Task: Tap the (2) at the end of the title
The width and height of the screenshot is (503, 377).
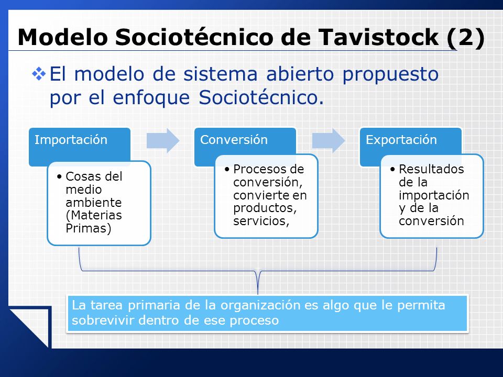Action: [465, 38]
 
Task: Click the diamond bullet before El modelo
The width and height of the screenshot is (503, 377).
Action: [38, 74]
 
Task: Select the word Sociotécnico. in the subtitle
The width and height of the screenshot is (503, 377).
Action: [261, 97]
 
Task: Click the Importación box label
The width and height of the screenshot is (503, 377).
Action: [71, 140]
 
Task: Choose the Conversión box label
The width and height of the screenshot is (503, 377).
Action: [234, 140]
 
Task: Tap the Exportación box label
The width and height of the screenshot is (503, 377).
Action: [401, 140]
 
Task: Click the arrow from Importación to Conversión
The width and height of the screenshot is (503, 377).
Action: [163, 140]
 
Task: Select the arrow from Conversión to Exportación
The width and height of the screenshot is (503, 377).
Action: [329, 140]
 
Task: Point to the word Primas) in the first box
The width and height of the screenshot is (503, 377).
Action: [89, 228]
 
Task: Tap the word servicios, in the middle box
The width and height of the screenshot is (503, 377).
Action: [261, 221]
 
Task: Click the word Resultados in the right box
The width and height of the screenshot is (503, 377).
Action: [431, 169]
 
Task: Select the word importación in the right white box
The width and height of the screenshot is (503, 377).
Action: [434, 195]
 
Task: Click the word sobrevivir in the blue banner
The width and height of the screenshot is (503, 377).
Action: [103, 320]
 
